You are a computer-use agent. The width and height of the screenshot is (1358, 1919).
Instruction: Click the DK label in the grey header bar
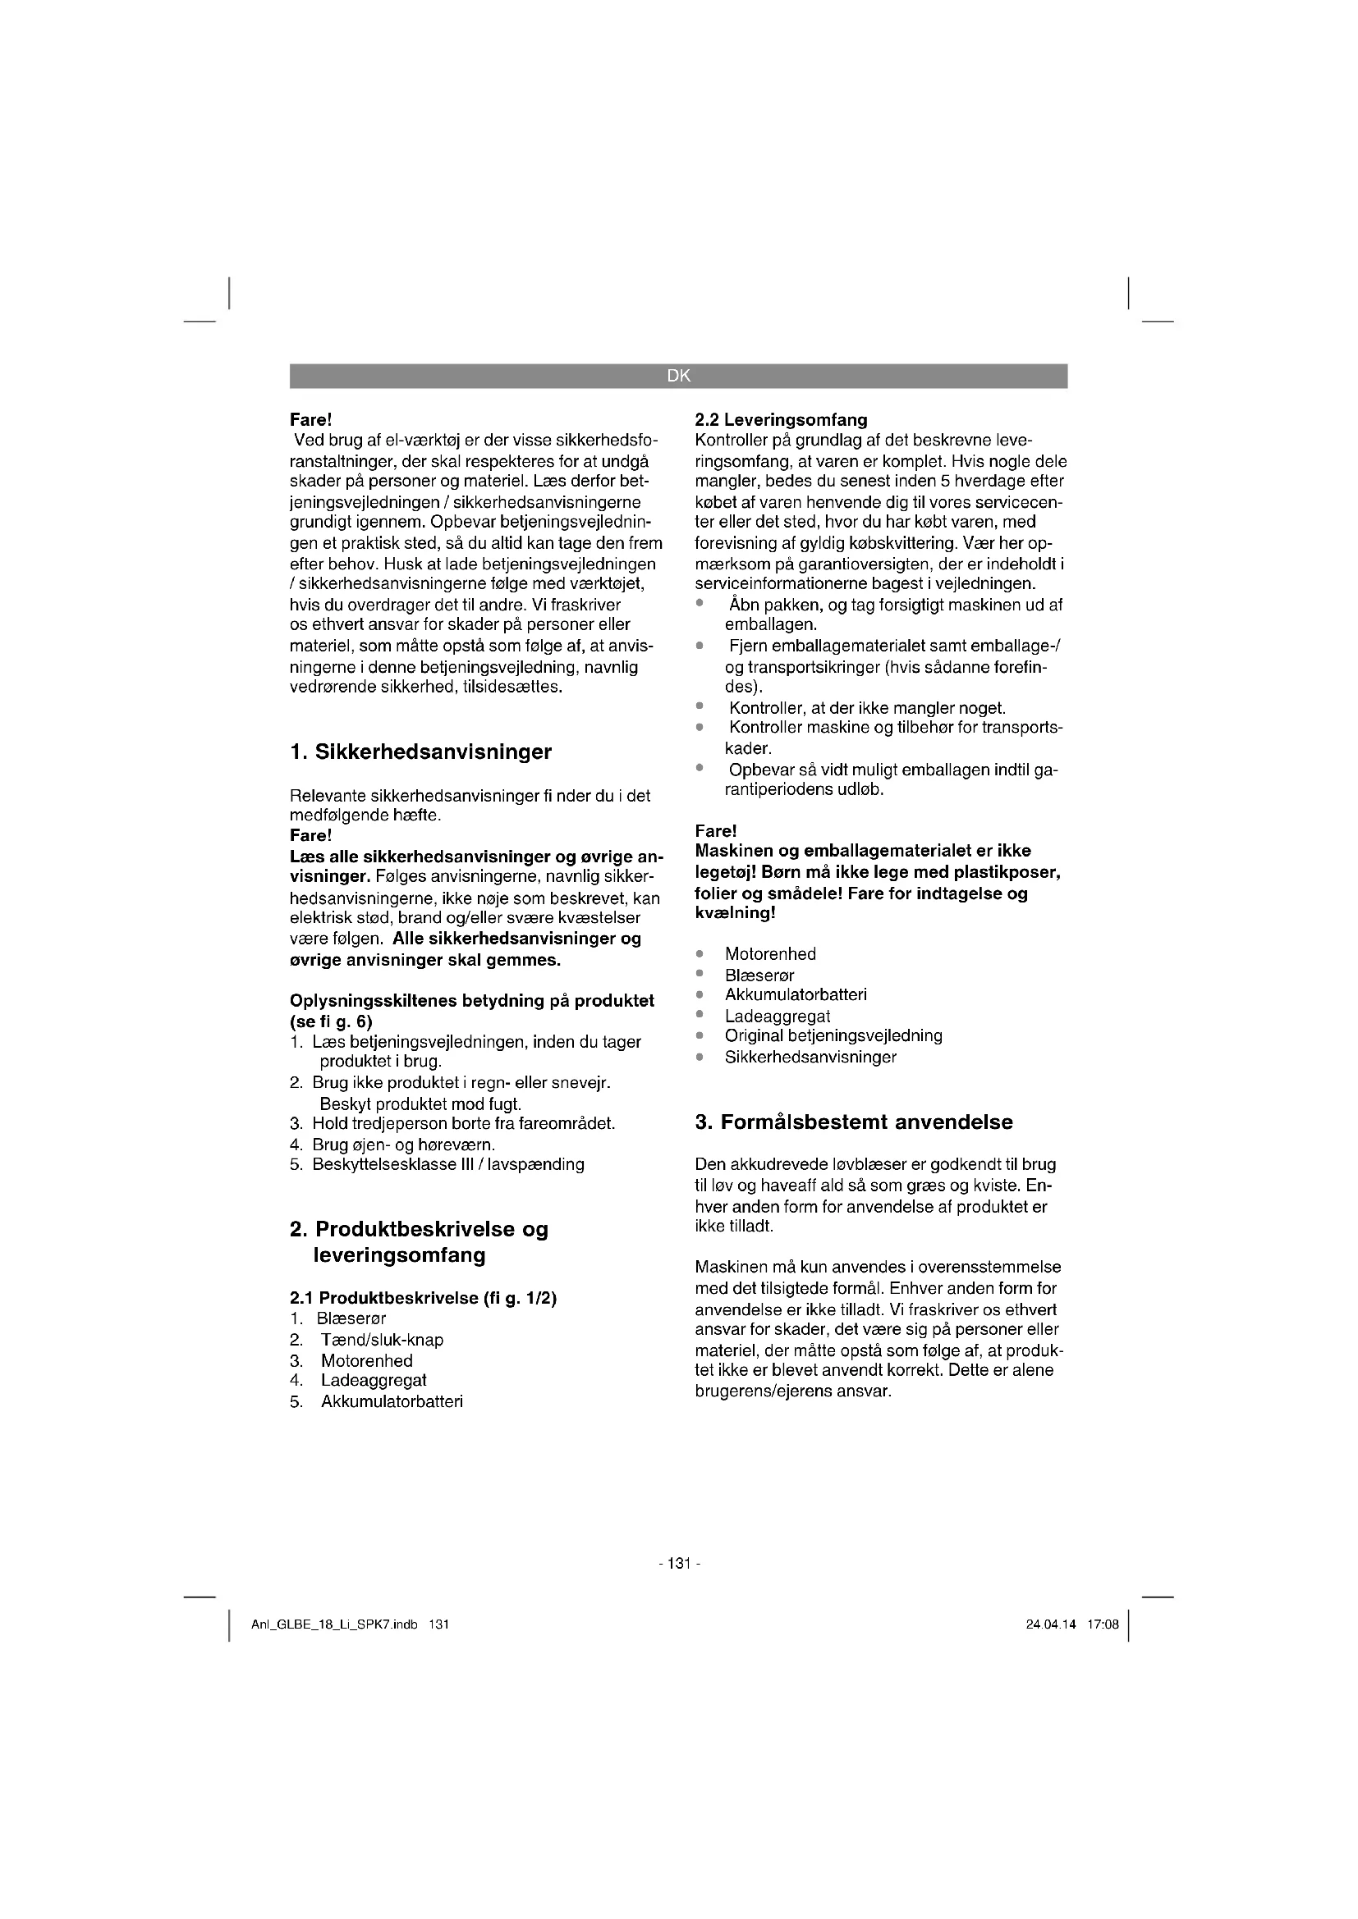(x=678, y=376)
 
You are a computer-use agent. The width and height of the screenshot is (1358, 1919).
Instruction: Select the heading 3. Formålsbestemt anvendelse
(x=854, y=1122)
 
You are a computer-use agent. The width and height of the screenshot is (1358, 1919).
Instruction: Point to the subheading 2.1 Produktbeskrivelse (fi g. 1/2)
(x=423, y=1298)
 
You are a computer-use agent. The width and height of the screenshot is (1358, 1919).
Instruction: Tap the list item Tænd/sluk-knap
(x=382, y=1340)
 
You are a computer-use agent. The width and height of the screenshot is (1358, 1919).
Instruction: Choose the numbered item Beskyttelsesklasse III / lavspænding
(x=448, y=1164)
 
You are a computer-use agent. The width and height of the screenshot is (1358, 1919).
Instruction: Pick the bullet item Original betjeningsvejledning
(x=833, y=1035)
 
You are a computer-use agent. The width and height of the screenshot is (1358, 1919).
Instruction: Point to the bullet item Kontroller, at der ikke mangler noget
(x=867, y=709)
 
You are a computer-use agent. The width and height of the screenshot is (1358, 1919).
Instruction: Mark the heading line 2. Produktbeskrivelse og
(x=419, y=1230)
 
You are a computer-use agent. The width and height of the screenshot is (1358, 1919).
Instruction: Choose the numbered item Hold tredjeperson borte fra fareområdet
(x=463, y=1123)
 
